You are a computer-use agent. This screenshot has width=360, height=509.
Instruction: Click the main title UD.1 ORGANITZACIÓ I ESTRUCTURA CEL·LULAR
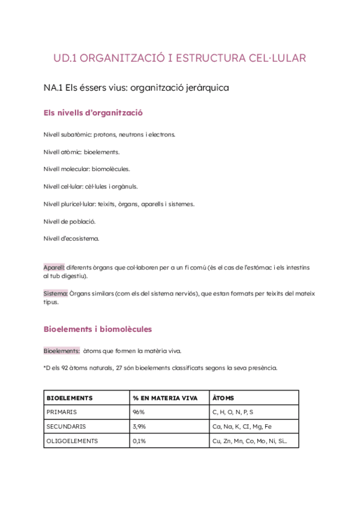(x=179, y=58)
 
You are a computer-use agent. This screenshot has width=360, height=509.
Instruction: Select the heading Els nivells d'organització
(x=93, y=113)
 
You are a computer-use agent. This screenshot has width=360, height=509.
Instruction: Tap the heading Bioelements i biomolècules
(x=98, y=329)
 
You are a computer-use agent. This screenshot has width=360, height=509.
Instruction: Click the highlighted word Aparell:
(x=54, y=267)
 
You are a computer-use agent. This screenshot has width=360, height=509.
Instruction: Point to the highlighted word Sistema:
(x=56, y=294)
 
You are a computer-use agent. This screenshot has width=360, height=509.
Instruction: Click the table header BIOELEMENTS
(x=70, y=398)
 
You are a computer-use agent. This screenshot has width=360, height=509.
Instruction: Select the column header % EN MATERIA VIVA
(x=165, y=398)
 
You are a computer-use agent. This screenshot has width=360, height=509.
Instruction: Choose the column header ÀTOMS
(x=223, y=398)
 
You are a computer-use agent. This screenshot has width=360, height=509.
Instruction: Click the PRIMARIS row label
(x=62, y=412)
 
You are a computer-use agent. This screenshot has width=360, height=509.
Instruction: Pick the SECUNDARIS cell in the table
(x=66, y=427)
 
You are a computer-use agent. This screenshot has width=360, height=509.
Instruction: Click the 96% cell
(x=139, y=412)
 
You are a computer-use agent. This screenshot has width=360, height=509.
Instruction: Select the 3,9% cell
(x=139, y=427)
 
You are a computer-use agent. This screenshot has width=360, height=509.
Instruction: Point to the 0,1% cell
(x=139, y=441)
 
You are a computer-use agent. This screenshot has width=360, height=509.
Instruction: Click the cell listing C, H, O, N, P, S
(x=233, y=412)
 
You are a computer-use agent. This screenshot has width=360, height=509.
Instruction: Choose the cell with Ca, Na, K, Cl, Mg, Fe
(x=242, y=427)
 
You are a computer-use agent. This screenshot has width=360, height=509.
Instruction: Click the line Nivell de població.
(x=70, y=221)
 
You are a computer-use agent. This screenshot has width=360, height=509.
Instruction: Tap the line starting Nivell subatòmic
(x=109, y=134)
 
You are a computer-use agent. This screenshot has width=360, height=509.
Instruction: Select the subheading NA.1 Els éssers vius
(x=136, y=88)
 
